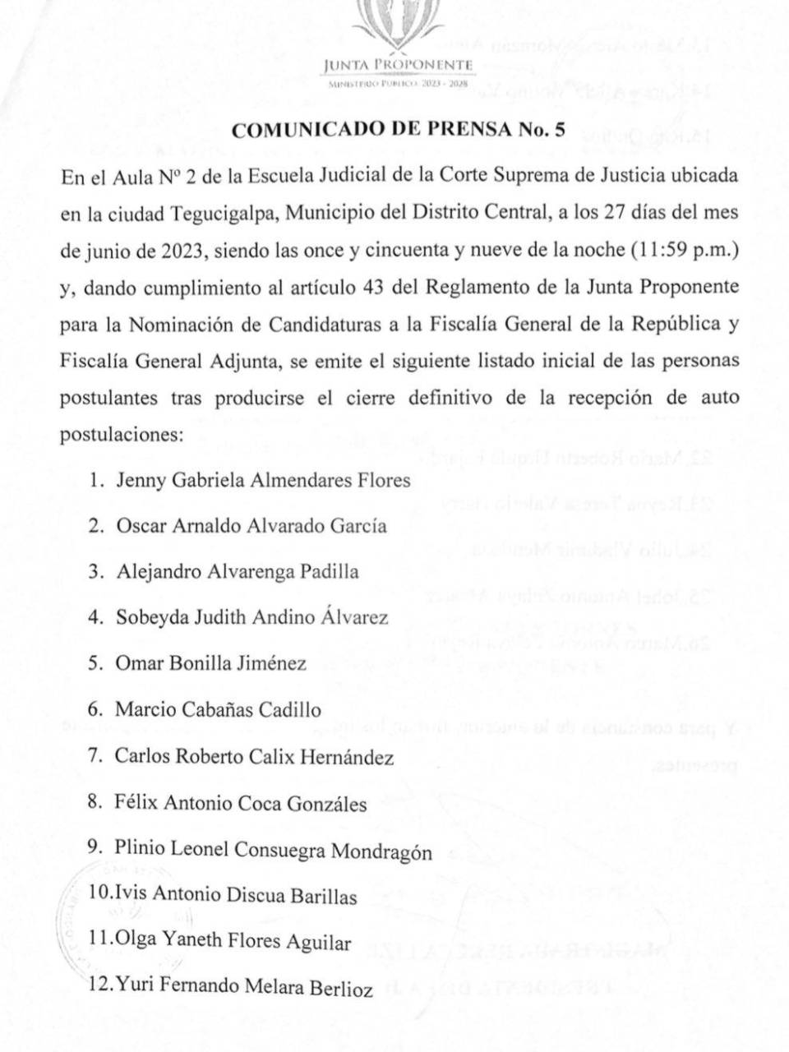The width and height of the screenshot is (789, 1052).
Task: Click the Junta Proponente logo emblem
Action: [x=398, y=25]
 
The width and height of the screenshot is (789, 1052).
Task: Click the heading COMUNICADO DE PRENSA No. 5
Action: [x=399, y=130]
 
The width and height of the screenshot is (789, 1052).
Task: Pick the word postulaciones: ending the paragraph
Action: [x=121, y=434]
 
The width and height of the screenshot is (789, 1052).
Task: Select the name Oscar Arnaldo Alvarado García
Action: [x=251, y=525]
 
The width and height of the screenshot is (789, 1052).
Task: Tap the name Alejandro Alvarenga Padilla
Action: [x=238, y=571]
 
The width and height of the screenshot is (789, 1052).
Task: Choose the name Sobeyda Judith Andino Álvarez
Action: [x=251, y=617]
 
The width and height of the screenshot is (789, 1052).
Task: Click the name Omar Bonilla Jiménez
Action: [x=211, y=663]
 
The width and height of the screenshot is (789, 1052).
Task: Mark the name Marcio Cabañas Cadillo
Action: [x=218, y=710]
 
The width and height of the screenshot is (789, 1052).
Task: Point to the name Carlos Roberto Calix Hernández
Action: [x=254, y=757]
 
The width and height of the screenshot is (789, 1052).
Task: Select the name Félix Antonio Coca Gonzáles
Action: [x=241, y=803]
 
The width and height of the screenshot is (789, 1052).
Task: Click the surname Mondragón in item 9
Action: [x=381, y=851]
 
